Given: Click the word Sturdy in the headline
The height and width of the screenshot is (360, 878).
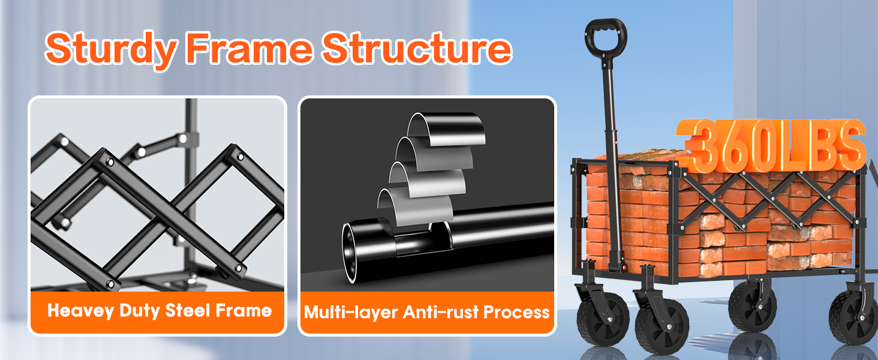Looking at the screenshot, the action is pos(110,49).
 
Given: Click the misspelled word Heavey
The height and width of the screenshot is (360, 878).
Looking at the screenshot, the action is pos(81,311).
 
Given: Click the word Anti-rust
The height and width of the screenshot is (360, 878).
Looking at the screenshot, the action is pos(441,312).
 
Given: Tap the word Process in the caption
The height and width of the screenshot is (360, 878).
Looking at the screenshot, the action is pos(516,312).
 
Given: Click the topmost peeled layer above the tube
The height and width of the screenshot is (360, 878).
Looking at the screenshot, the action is pos(447,130).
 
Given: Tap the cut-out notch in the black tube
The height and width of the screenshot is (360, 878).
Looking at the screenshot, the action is pos(422,240).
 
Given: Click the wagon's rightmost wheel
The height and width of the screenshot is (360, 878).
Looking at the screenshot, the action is pos(853,317).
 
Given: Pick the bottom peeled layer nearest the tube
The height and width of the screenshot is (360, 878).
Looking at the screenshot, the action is pos(416,206).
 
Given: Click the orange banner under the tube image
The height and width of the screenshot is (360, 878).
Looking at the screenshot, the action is pos(427,313).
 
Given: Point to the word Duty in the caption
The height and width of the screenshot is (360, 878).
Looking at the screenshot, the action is pos(139,311).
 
